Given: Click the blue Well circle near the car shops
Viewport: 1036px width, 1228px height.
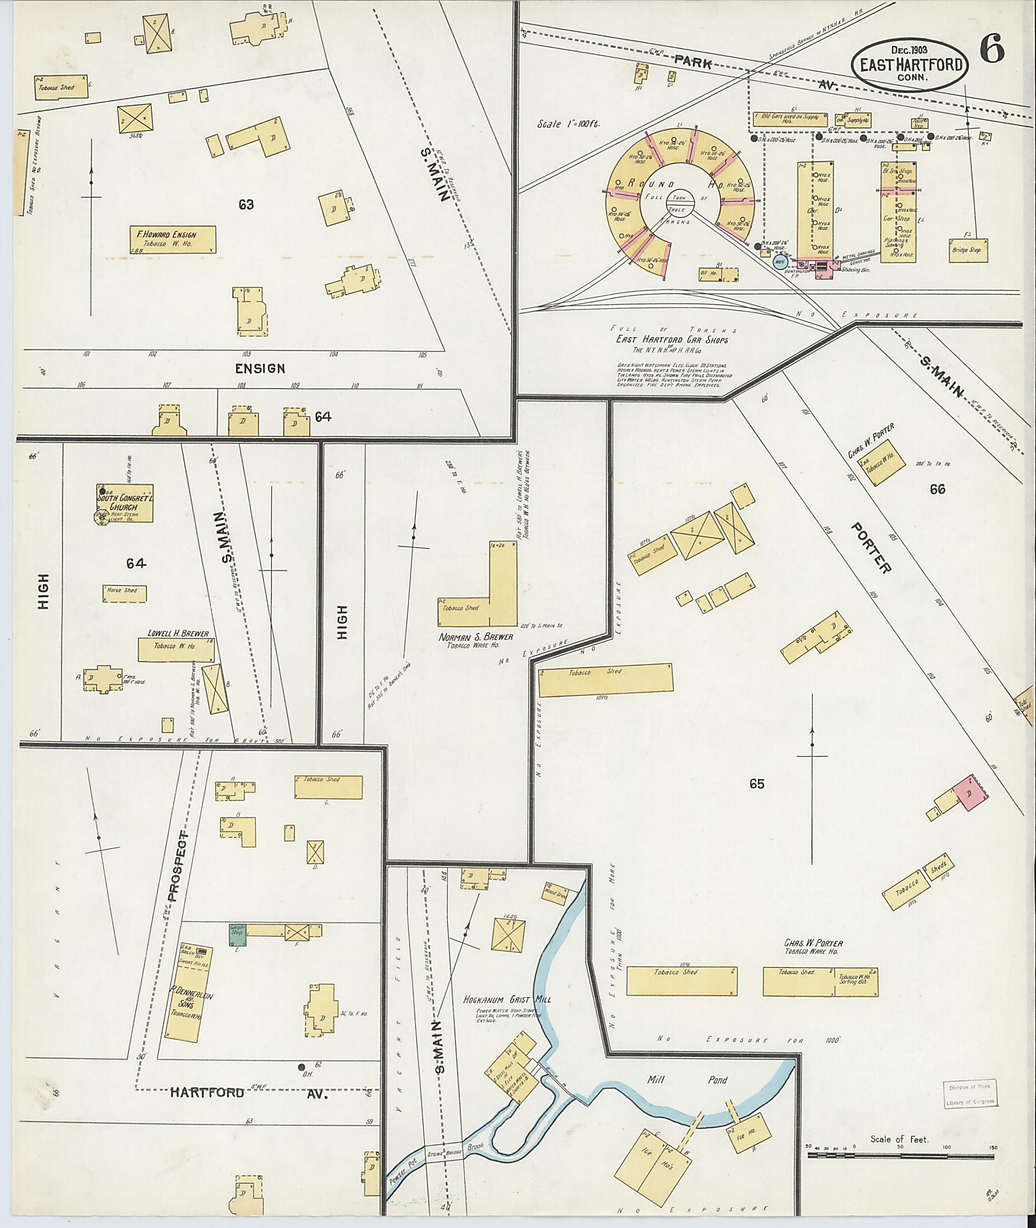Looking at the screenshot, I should (780, 262).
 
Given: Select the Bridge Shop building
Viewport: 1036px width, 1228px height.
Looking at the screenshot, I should (968, 250).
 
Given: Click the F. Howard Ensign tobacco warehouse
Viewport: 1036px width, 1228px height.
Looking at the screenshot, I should (172, 240).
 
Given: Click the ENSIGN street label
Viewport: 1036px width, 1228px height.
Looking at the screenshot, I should (260, 369).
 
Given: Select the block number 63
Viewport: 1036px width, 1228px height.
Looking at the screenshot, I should (246, 205).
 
